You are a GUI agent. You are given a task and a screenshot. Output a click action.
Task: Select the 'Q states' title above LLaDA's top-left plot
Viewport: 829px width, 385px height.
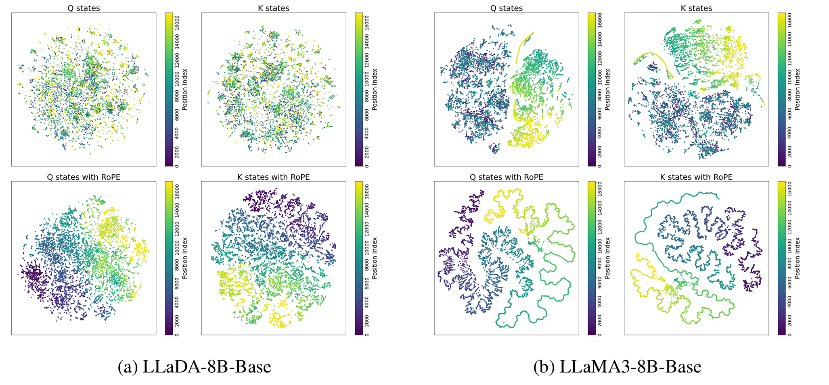point(84,8)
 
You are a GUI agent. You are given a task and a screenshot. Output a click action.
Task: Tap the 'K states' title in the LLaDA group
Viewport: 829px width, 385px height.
point(274,8)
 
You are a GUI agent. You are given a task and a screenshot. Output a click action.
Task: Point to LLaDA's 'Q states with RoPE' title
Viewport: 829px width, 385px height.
point(84,177)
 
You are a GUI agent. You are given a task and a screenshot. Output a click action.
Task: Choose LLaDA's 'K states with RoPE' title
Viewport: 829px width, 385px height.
point(274,177)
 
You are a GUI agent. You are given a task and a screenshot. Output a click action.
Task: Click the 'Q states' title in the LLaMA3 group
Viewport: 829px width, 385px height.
point(507,8)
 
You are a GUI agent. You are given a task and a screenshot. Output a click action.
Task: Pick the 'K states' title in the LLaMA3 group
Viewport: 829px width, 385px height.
point(696,8)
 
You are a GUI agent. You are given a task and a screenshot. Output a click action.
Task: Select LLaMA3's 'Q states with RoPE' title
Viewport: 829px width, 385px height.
point(507,177)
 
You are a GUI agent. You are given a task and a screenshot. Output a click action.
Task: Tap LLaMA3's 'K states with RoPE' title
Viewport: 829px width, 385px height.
point(696,177)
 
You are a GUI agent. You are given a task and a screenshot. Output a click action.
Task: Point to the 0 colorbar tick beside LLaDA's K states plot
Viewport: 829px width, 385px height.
point(366,166)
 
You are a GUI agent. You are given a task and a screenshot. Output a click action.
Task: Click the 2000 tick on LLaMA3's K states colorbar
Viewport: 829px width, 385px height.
point(789,148)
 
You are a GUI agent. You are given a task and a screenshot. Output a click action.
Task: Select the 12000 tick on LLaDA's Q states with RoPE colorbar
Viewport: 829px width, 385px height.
point(177,225)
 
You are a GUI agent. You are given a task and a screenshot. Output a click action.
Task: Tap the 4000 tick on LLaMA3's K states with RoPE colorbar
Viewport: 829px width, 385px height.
point(789,298)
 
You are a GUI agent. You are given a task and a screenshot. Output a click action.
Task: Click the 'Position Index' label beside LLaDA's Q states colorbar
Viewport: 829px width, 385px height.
point(185,89)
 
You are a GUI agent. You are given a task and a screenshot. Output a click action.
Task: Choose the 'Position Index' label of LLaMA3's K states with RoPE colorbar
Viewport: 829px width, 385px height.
point(797,258)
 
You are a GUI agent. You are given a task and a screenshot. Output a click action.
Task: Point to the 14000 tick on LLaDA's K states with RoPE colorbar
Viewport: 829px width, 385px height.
point(366,207)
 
